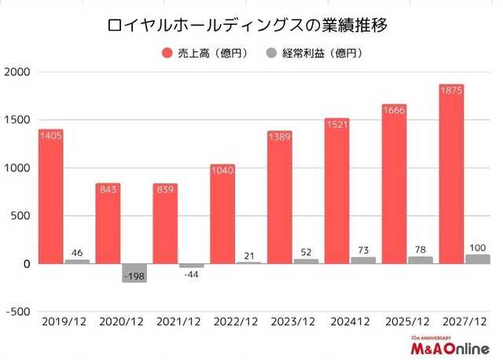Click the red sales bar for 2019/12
[x=51, y=197]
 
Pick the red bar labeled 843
[x=108, y=224]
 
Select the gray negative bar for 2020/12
[x=134, y=272]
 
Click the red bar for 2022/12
[x=222, y=214]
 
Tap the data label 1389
[x=279, y=137]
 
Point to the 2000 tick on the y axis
[x=17, y=72]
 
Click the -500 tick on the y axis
[x=17, y=311]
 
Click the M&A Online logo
[x=444, y=347]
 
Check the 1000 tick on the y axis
[x=17, y=168]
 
